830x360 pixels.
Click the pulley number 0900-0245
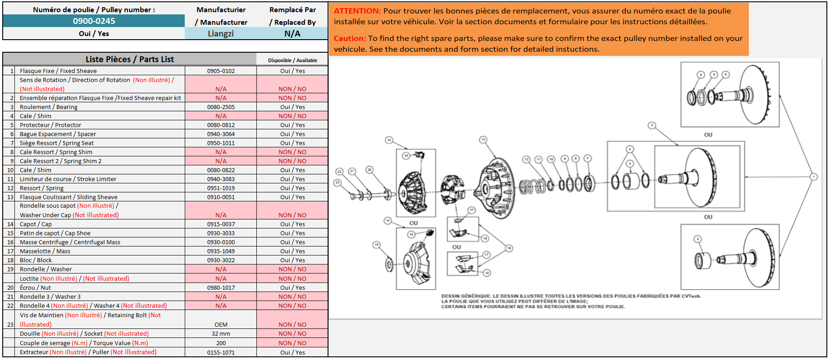(x=94, y=21)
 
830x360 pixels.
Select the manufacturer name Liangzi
(x=220, y=33)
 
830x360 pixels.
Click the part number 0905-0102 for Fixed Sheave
(x=221, y=71)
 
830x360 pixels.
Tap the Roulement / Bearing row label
(x=49, y=107)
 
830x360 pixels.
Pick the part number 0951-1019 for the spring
(x=221, y=188)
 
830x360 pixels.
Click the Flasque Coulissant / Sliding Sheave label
(x=68, y=197)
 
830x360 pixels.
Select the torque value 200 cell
(x=221, y=343)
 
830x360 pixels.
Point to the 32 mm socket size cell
(x=221, y=333)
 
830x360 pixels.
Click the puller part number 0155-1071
(x=221, y=352)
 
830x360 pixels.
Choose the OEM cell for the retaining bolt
(x=221, y=324)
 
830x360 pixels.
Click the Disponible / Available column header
(x=292, y=60)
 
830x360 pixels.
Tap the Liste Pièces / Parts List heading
(x=130, y=59)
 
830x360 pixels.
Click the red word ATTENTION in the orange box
(x=357, y=11)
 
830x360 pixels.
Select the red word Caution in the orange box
(x=350, y=38)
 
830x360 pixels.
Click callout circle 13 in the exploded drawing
(x=483, y=140)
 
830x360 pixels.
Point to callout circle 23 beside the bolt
(x=337, y=182)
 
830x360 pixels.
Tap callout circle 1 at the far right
(x=813, y=177)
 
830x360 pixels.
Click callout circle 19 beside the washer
(x=376, y=245)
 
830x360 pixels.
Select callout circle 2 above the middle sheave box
(x=652, y=125)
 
